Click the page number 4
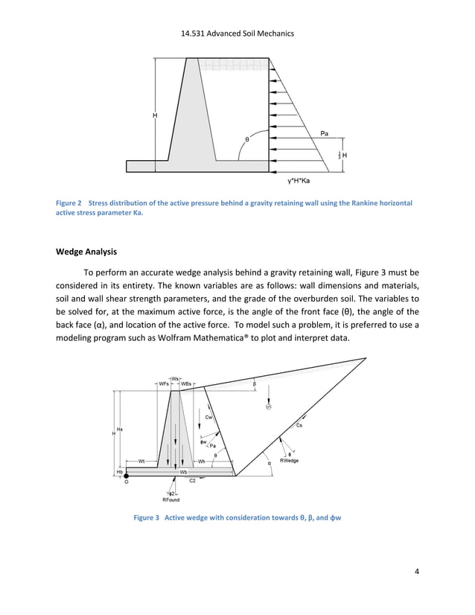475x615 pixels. pyautogui.click(x=418, y=572)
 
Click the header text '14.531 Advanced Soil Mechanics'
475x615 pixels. pyautogui.click(x=238, y=34)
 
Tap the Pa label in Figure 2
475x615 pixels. pyautogui.click(x=325, y=133)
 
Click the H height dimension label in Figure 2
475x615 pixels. pyautogui.click(x=155, y=115)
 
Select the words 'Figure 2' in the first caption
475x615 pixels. pyautogui.click(x=69, y=203)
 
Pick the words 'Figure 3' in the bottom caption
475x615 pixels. pyautogui.click(x=146, y=517)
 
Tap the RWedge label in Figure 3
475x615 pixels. pyautogui.click(x=289, y=461)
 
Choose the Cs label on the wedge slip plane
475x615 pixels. pyautogui.click(x=299, y=425)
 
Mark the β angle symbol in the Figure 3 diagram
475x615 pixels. pyautogui.click(x=255, y=384)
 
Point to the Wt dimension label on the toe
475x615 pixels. pyautogui.click(x=141, y=461)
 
